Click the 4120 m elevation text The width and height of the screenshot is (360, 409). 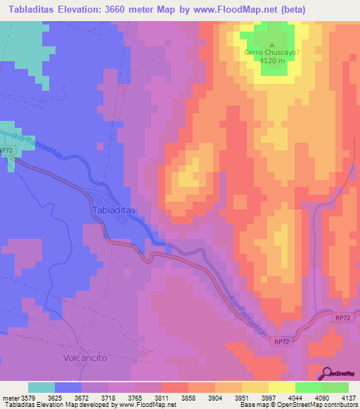(272, 60)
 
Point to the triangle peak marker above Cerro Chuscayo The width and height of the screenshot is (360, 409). (272, 43)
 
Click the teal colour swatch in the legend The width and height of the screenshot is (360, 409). (41, 387)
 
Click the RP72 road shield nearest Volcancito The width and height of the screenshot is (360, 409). (282, 341)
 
